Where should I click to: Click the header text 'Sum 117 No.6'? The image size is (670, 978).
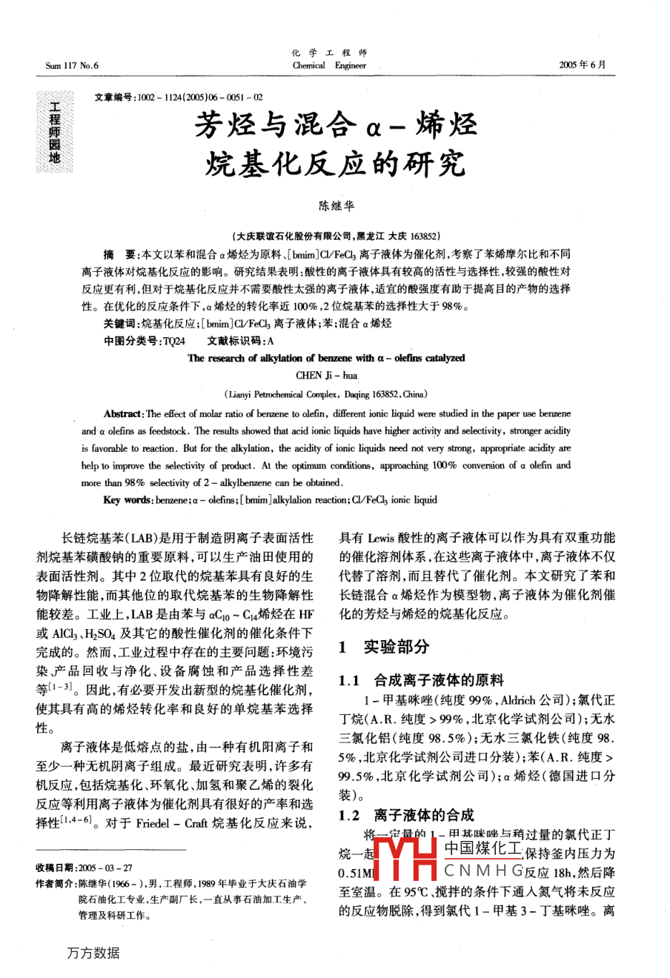pyautogui.click(x=71, y=65)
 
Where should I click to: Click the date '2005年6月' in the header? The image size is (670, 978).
pyautogui.click(x=582, y=65)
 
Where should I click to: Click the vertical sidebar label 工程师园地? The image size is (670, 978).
pyautogui.click(x=55, y=132)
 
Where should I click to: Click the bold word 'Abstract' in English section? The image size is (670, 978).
pyautogui.click(x=122, y=414)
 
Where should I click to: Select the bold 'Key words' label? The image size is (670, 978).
pyautogui.click(x=127, y=500)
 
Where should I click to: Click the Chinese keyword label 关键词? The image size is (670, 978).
pyautogui.click(x=120, y=324)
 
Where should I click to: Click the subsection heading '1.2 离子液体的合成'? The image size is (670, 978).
pyautogui.click(x=405, y=815)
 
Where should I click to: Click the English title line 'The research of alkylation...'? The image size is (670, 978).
pyautogui.click(x=326, y=358)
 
